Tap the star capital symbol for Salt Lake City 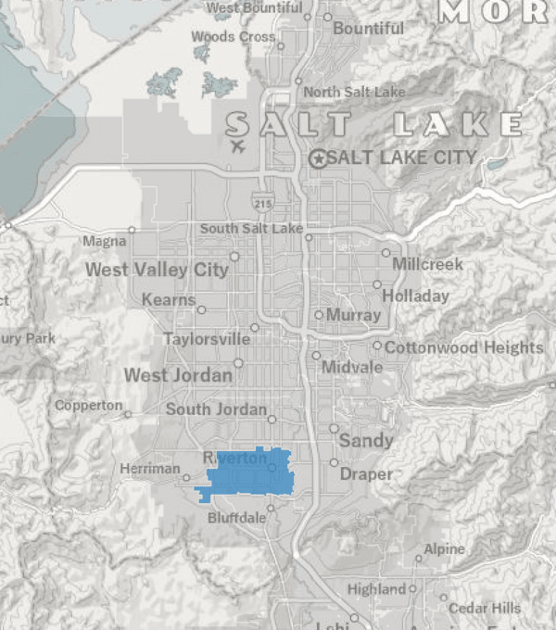point(319,158)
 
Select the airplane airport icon point(237,146)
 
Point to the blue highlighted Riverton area point(246,474)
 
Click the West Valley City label point(157,270)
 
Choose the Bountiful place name point(368,29)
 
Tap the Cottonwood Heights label point(463,347)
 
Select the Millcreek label point(427,264)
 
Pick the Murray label point(353,315)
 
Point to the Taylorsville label point(207,339)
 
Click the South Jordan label point(216,409)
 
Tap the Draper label point(366,474)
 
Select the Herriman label point(149,469)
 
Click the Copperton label point(88,406)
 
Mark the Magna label point(104,241)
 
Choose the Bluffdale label point(236,518)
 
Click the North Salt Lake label point(354,92)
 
